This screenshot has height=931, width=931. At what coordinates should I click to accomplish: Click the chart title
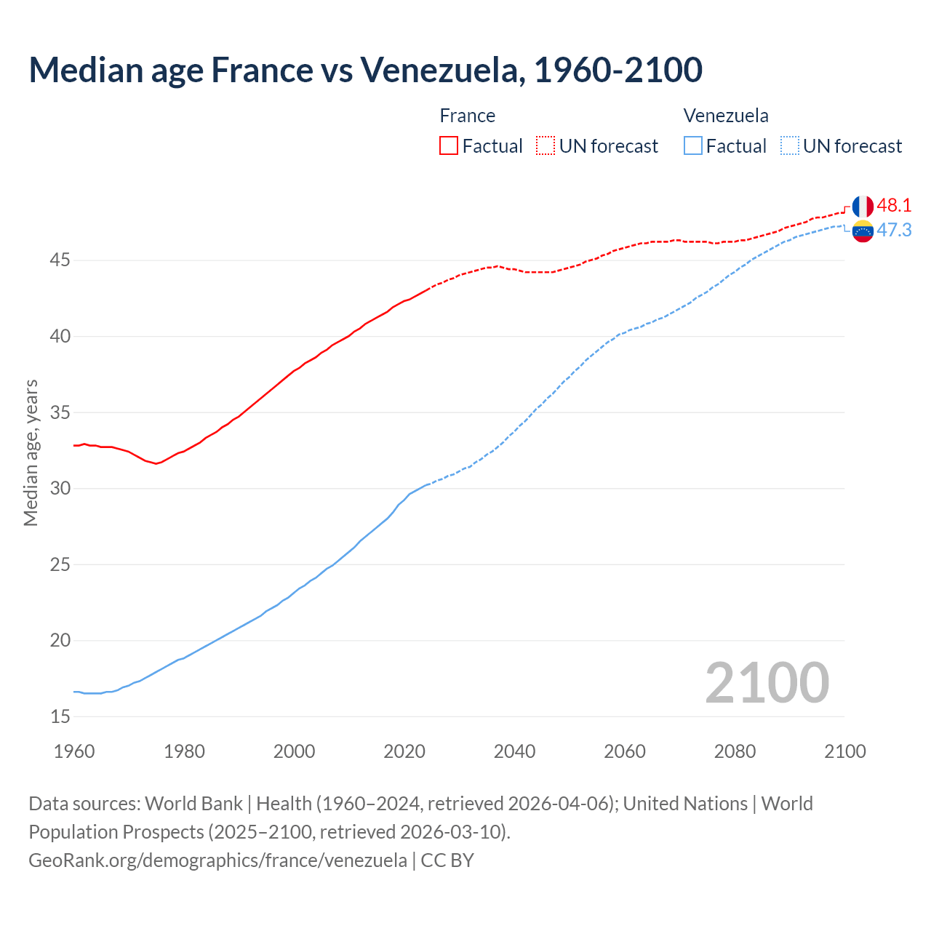(x=365, y=70)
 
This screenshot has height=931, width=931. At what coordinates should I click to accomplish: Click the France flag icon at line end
(x=863, y=206)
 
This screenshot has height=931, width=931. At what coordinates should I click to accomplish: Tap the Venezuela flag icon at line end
(x=863, y=231)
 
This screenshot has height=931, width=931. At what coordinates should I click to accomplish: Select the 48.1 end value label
(x=894, y=206)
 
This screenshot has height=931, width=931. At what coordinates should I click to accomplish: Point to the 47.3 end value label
(x=894, y=231)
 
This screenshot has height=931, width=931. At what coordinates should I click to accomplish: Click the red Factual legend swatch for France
(x=449, y=146)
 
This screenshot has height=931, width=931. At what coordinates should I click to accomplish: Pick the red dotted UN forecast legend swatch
(x=546, y=146)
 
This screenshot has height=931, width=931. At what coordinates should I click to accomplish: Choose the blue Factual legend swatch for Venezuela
(x=693, y=146)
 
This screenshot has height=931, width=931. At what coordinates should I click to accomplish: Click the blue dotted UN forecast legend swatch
(x=789, y=146)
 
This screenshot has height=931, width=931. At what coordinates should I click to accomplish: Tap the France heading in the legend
(x=468, y=116)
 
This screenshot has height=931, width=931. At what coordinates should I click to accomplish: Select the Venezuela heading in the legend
(x=726, y=116)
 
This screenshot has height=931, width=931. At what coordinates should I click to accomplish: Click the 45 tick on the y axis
(x=60, y=260)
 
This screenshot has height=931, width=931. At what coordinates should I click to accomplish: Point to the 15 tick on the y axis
(x=60, y=716)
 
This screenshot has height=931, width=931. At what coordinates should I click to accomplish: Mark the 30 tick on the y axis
(x=60, y=488)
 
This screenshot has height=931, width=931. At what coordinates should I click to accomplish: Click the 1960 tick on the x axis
(x=74, y=751)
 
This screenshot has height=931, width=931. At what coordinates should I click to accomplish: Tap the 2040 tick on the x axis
(x=514, y=751)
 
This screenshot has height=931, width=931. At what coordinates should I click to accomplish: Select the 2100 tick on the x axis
(x=844, y=751)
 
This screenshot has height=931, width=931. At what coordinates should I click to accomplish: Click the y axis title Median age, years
(x=31, y=452)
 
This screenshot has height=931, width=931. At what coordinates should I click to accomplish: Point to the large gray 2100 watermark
(x=767, y=683)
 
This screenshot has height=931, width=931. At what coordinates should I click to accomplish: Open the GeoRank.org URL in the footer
(x=217, y=860)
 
